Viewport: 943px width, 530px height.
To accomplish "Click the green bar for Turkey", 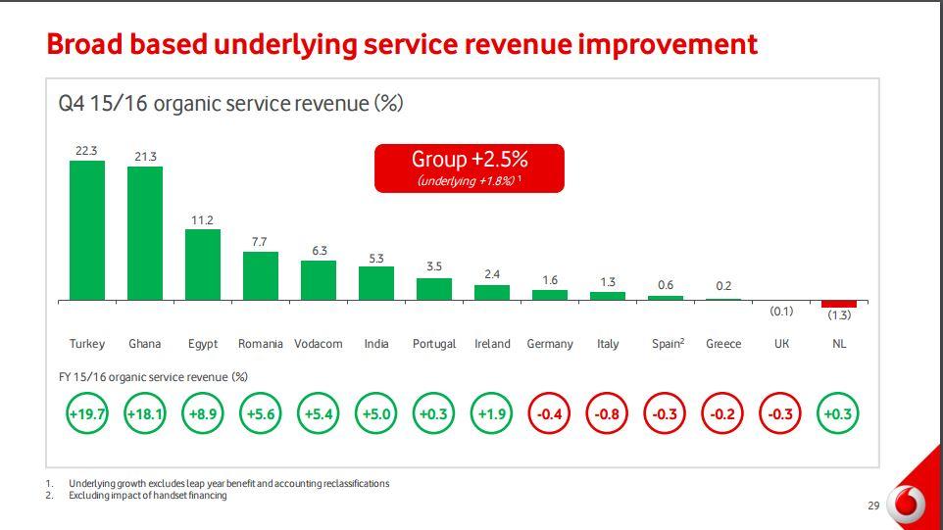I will click(x=86, y=230).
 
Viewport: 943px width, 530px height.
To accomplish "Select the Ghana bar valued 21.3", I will click(x=145, y=233).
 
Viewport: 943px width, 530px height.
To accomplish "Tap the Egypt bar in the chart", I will click(x=203, y=265).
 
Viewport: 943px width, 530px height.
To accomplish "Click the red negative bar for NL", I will click(x=839, y=304).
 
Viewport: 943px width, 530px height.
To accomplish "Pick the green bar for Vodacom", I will click(x=319, y=280).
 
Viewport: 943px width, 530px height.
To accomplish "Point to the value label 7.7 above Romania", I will click(x=259, y=241).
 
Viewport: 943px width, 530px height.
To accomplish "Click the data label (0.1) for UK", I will click(x=781, y=312).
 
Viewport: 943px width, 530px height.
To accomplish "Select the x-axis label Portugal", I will click(x=434, y=344).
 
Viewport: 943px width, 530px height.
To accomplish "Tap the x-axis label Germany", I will click(x=550, y=344).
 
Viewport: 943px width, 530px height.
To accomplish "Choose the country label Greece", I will click(x=723, y=344).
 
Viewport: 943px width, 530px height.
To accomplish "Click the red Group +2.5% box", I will click(x=470, y=168).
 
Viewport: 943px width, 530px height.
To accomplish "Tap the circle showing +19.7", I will click(x=86, y=413).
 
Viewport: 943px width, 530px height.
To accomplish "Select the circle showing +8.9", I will click(x=203, y=413).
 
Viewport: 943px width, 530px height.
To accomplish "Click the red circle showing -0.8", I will click(x=608, y=413).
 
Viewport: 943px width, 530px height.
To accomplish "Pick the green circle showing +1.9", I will click(x=492, y=413).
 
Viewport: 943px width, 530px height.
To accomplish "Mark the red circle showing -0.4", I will click(x=550, y=413).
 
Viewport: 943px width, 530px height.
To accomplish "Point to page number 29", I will click(x=873, y=506).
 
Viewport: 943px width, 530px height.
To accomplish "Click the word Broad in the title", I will click(x=82, y=44).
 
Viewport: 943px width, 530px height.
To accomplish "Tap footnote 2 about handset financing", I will click(x=147, y=496).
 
